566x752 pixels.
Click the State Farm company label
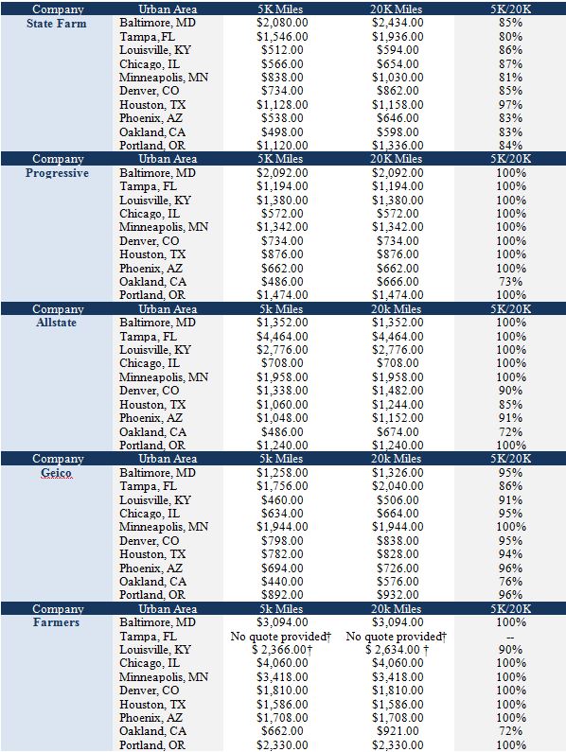click(57, 24)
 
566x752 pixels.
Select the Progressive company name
click(57, 173)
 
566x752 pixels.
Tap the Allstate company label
click(56, 323)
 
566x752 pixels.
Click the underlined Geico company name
click(56, 473)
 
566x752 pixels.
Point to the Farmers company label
click(56, 622)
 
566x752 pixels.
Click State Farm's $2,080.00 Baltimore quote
click(282, 23)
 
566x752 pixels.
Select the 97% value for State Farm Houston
click(510, 105)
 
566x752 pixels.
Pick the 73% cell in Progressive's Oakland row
click(510, 282)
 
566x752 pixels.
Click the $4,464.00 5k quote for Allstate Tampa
click(282, 336)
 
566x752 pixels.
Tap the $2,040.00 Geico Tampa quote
click(398, 486)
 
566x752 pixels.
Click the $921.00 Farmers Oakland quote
click(398, 731)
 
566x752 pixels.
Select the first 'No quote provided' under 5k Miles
click(281, 637)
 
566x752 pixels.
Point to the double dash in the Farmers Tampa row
click(510, 638)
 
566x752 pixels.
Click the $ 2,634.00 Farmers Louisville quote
click(397, 650)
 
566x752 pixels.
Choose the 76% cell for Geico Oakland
click(510, 582)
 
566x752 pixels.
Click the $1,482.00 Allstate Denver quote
click(398, 391)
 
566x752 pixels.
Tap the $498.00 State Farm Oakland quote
click(282, 131)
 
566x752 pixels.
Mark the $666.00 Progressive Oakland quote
click(398, 282)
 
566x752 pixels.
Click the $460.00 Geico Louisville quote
click(282, 500)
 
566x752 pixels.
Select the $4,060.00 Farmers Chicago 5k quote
click(282, 663)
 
